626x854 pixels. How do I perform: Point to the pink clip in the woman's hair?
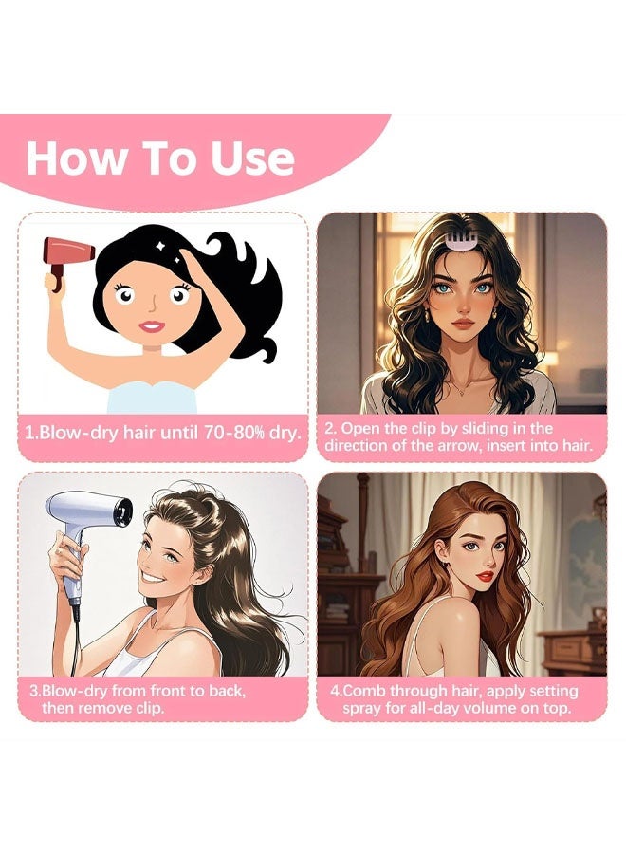pyautogui.click(x=454, y=232)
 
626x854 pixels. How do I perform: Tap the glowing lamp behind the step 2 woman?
pyautogui.click(x=547, y=361)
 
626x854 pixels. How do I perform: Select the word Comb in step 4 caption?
pyautogui.click(x=371, y=690)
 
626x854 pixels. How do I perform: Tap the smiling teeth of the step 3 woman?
pyautogui.click(x=156, y=575)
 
